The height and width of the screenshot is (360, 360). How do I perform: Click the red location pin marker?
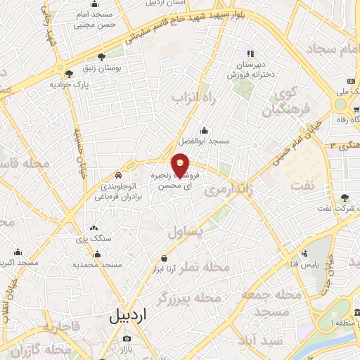point(181,165)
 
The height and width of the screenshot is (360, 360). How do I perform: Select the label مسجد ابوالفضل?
point(204,141)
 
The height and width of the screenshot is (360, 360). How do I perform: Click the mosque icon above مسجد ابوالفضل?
point(204,130)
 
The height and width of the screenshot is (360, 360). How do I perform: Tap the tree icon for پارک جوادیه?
point(68,73)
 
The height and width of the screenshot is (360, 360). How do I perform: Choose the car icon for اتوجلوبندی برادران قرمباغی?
point(119,174)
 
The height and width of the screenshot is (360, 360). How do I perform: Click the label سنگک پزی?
point(100,239)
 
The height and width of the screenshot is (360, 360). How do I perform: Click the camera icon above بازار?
point(127,337)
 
